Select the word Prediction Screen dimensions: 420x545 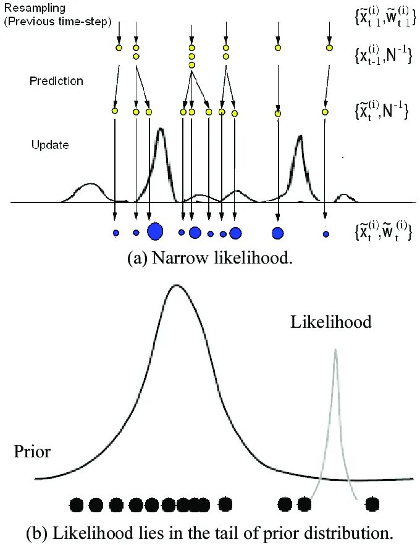[56, 81]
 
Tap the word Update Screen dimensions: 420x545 [50, 146]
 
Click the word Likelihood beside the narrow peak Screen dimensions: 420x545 [332, 322]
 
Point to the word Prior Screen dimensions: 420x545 [32, 452]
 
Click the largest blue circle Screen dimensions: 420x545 [155, 231]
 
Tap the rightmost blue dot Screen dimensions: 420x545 [325, 234]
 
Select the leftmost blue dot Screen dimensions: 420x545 [115, 233]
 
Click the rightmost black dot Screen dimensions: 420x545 [372, 505]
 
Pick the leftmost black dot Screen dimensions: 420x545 [77, 505]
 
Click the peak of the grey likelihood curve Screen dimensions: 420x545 [335, 350]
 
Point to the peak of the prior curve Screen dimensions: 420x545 [177, 285]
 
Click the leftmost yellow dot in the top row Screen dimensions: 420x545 [119, 48]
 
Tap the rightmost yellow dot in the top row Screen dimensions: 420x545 [329, 48]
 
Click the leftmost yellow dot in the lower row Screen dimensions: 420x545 [114, 111]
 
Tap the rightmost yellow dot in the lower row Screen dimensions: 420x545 [325, 112]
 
